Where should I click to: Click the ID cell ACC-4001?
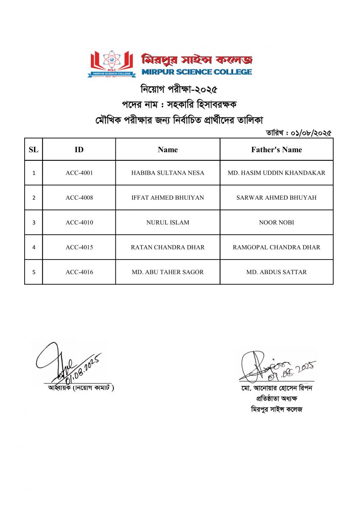[x=79, y=173]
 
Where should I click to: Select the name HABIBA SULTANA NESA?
[x=168, y=173]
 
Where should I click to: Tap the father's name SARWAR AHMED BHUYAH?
[x=276, y=198]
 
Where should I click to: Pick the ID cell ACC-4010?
[x=79, y=222]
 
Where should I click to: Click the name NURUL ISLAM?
[x=168, y=222]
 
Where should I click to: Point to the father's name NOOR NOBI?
[x=276, y=222]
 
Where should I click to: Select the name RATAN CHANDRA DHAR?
[x=168, y=247]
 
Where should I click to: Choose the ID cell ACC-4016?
[x=79, y=272]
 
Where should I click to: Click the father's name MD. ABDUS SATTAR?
[x=276, y=272]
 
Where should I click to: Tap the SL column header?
[x=34, y=149]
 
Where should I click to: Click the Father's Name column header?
[x=276, y=149]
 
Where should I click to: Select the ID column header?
[x=79, y=149]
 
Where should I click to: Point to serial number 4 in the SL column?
[x=34, y=247]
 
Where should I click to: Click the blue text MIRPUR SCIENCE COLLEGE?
[x=197, y=72]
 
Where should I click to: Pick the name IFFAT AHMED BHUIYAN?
[x=168, y=198]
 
